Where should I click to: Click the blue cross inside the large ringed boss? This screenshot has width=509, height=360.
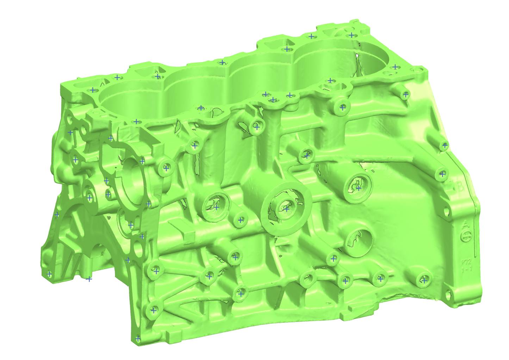tap(286, 209)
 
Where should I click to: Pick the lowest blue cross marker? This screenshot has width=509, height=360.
tap(138, 339)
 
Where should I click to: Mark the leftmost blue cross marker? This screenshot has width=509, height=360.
tap(49, 274)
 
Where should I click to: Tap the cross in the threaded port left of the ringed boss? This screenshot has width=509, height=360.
tap(216, 207)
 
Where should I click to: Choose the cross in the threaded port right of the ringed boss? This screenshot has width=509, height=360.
tap(358, 188)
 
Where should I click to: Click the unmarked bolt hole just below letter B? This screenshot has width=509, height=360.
tap(447, 212)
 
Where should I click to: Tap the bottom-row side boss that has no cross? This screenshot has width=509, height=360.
tap(308, 279)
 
